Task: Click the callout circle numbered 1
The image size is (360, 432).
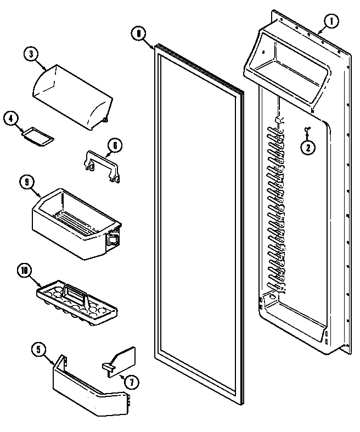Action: (x=331, y=22)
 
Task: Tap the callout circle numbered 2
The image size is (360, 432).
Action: (x=308, y=147)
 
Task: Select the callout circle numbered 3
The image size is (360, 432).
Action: (x=32, y=54)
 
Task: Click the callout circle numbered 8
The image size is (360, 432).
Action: (x=139, y=33)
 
